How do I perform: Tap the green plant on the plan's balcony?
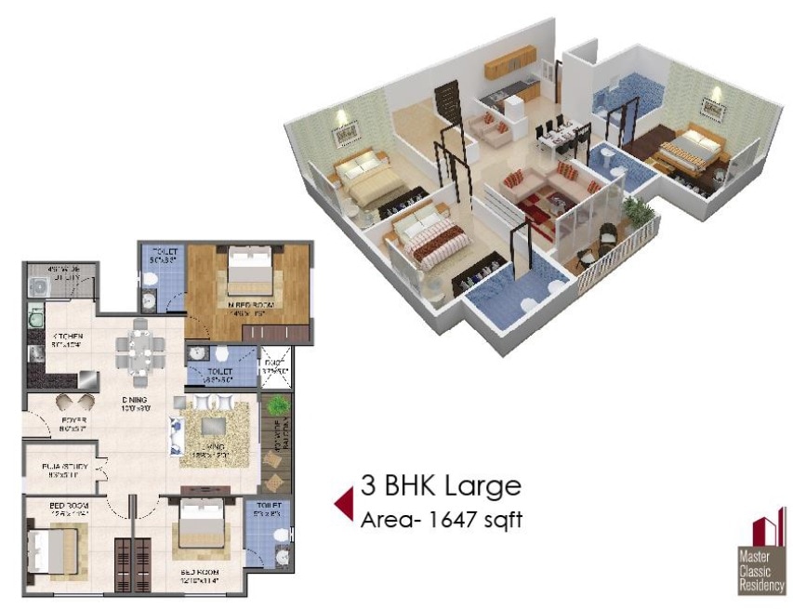click(x=278, y=405)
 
